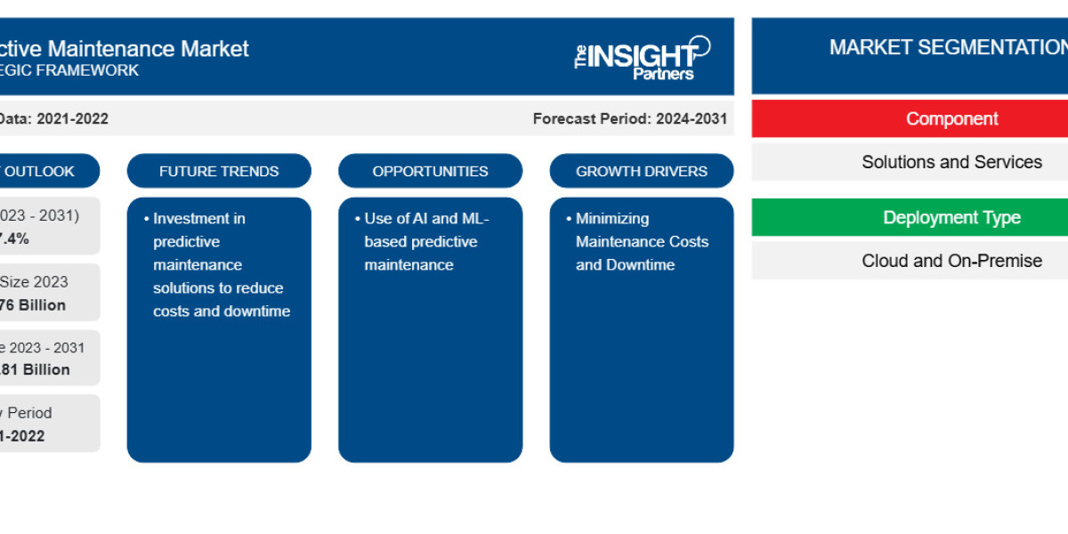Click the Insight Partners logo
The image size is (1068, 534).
click(642, 58)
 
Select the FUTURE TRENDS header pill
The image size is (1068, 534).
click(219, 171)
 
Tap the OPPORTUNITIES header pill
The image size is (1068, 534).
click(430, 171)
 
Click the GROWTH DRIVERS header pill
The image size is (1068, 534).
click(641, 171)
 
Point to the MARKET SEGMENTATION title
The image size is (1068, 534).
click(947, 47)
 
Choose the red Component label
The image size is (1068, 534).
click(951, 119)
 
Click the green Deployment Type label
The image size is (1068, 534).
click(951, 218)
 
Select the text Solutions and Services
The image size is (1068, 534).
click(951, 162)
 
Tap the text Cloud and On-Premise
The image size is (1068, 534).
click(951, 261)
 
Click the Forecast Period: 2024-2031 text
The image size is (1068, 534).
click(629, 118)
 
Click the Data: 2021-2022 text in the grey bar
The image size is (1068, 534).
click(53, 118)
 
